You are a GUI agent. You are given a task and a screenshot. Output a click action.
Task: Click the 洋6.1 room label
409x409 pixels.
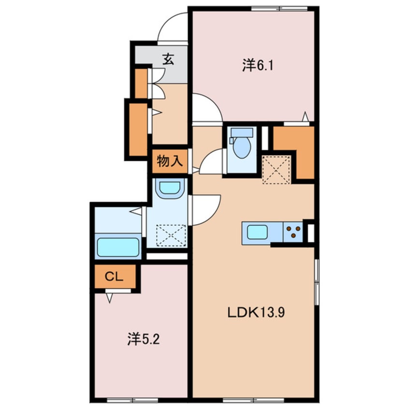(x=258, y=65)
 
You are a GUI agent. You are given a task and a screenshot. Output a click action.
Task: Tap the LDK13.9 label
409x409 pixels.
(x=256, y=312)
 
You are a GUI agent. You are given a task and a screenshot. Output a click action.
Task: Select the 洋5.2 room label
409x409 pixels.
(x=143, y=339)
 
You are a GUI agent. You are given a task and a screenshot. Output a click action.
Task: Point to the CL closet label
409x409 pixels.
(x=114, y=277)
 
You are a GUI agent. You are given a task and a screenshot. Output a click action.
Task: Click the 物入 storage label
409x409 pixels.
(x=170, y=161)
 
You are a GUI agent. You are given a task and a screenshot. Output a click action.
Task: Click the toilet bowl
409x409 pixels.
(x=242, y=143)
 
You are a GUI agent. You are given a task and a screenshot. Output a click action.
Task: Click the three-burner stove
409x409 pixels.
(x=293, y=232)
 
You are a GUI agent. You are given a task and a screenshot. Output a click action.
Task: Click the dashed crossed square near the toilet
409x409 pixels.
(x=276, y=170)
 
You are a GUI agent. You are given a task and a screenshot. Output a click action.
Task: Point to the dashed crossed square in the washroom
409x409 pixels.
(x=171, y=235)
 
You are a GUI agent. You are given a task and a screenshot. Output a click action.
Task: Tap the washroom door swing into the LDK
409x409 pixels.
(x=214, y=214)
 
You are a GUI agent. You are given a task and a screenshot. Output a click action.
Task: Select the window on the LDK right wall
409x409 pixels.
(x=317, y=282)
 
